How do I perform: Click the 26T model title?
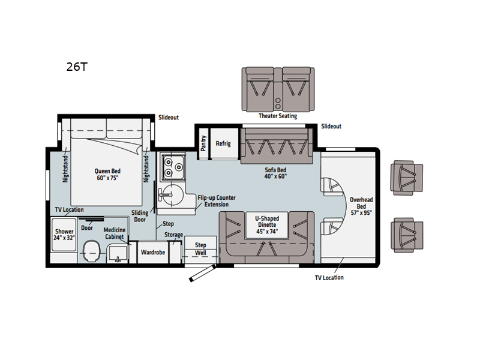77,67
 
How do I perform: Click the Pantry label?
203,143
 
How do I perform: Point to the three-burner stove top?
173,167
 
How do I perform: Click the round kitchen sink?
171,194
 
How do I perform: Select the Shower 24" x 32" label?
64,235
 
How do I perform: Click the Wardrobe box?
153,252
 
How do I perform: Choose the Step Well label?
200,249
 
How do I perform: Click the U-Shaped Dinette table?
267,225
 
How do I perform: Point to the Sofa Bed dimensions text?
275,176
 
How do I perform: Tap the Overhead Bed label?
361,206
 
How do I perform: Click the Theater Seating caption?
278,116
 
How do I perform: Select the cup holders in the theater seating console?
278,103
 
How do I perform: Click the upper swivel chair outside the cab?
407,178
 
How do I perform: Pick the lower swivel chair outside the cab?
407,235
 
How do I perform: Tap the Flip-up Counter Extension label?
217,201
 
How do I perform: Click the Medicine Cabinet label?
115,233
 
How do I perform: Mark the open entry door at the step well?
202,273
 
